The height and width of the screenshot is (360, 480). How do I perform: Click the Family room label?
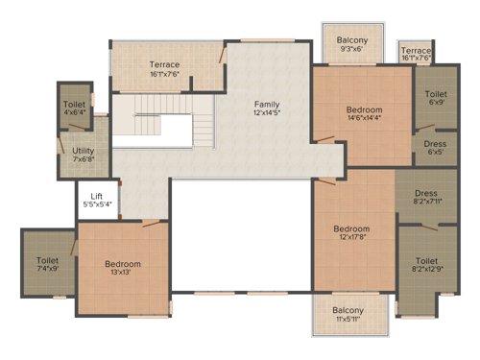(x=267, y=103)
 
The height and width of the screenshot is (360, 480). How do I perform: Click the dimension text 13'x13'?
(x=123, y=274)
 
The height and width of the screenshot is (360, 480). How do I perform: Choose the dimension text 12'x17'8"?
(x=351, y=239)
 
